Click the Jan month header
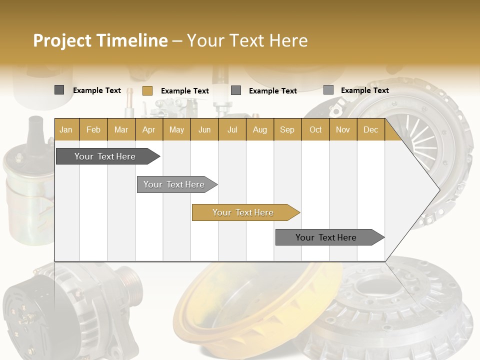tap(66, 129)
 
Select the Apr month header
tap(148, 129)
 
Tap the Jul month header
tap(232, 129)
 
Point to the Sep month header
tap(287, 129)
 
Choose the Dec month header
tap(370, 129)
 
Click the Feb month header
tap(93, 129)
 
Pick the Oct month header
tap(315, 129)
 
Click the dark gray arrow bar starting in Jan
tap(105, 156)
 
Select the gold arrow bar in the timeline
tap(243, 212)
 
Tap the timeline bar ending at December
tap(326, 237)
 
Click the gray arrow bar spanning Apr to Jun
tap(174, 184)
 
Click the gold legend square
tap(147, 90)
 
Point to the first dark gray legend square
tap(59, 90)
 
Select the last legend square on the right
tap(328, 90)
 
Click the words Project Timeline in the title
tap(100, 40)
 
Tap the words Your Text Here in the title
tap(247, 40)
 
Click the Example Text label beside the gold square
tap(184, 91)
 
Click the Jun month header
tap(204, 129)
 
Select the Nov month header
tap(343, 129)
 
